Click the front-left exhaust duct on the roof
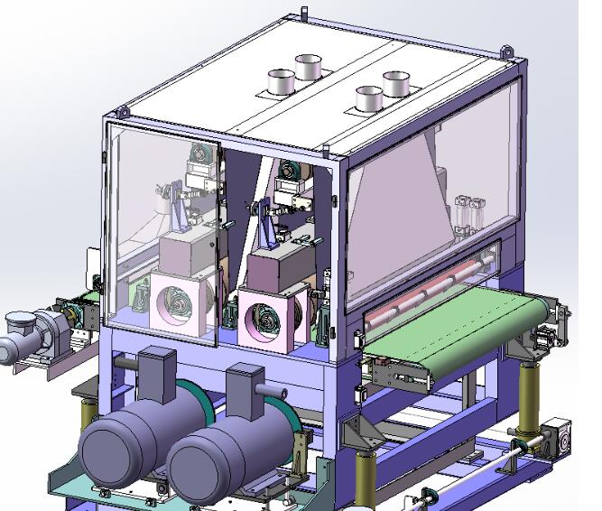[x=281, y=82]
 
